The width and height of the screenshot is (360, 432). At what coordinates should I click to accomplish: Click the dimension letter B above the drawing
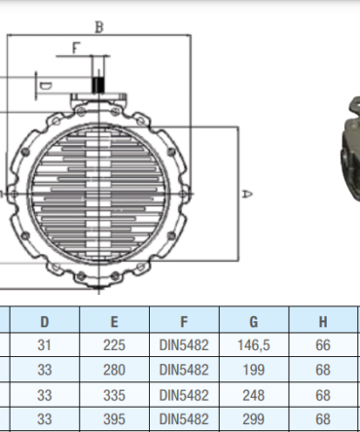click(99, 27)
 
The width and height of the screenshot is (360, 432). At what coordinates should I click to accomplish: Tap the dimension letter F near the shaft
click(75, 48)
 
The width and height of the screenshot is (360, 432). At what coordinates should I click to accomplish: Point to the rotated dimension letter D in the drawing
click(45, 86)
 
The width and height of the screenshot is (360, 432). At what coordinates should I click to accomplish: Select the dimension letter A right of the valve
click(247, 194)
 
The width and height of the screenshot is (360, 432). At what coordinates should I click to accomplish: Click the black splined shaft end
click(98, 86)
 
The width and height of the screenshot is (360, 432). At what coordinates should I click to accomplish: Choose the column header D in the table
click(45, 322)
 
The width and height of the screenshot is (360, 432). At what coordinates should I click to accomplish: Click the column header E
click(114, 322)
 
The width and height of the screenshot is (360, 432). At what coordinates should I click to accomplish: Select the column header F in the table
click(184, 322)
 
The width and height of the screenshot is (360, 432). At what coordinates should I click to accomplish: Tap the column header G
click(254, 322)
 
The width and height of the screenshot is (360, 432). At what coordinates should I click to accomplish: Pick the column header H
click(323, 322)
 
